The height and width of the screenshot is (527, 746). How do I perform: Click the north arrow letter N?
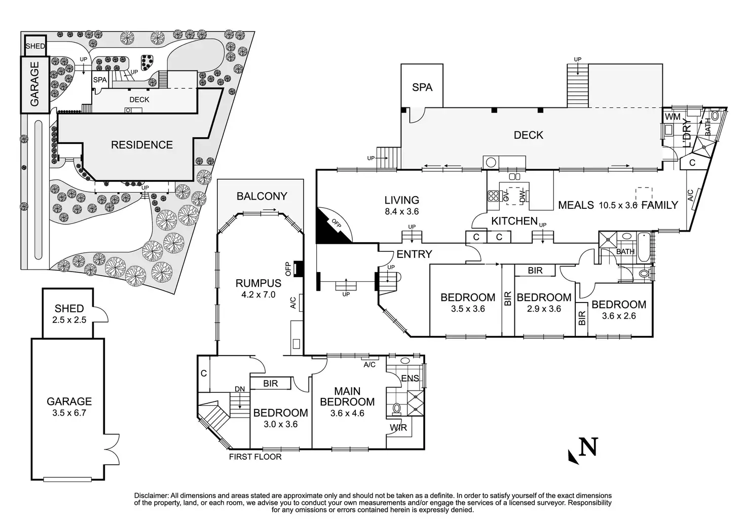[x=588, y=447]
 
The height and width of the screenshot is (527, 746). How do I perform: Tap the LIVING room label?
[x=402, y=200]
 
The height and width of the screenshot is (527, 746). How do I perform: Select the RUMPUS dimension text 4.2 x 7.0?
[x=258, y=294]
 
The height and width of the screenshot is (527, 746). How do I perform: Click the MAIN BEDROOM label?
[x=347, y=396]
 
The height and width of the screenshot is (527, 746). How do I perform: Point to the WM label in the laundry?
[x=673, y=117]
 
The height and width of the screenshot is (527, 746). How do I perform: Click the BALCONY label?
[x=262, y=196]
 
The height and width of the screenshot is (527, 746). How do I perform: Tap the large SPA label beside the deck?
[x=422, y=87]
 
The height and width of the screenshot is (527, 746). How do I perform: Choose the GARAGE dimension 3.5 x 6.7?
[x=69, y=413]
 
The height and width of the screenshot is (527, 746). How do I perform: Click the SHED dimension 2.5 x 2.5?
[x=69, y=320]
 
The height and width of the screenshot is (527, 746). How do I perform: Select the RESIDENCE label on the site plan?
[x=142, y=145]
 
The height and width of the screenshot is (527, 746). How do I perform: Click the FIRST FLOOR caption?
[x=255, y=457]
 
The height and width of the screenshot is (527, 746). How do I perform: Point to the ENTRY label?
[x=414, y=254]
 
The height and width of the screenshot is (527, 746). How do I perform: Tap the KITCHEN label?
[x=514, y=221]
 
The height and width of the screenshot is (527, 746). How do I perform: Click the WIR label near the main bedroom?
[x=398, y=428]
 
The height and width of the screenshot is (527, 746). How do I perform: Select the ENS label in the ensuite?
[x=410, y=378]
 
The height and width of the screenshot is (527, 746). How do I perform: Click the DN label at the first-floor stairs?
[x=240, y=389]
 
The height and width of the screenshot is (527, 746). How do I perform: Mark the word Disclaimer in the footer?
[x=152, y=496]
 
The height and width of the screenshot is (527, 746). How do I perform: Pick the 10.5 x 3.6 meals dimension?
[x=618, y=205]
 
